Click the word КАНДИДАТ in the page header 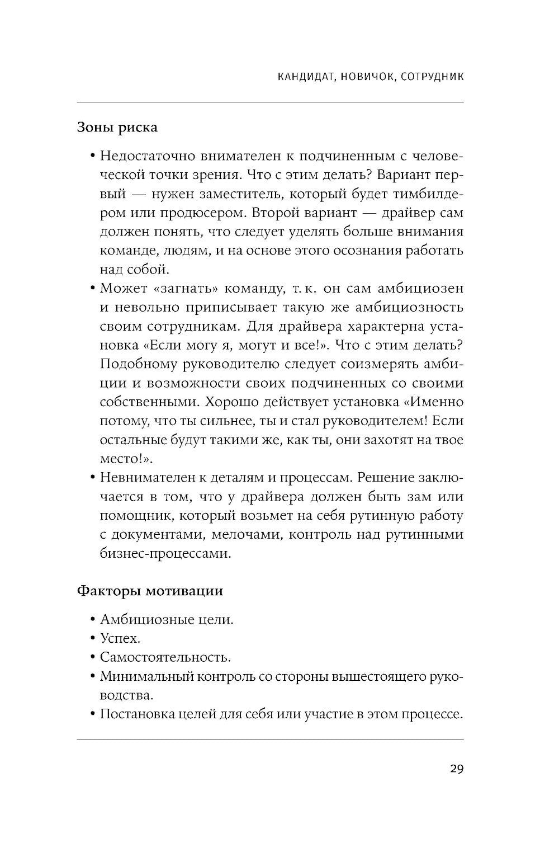click(306, 77)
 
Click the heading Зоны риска click(117, 128)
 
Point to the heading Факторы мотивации click(149, 591)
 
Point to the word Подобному click(137, 364)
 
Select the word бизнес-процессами click(165, 554)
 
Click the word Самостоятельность click(165, 657)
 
